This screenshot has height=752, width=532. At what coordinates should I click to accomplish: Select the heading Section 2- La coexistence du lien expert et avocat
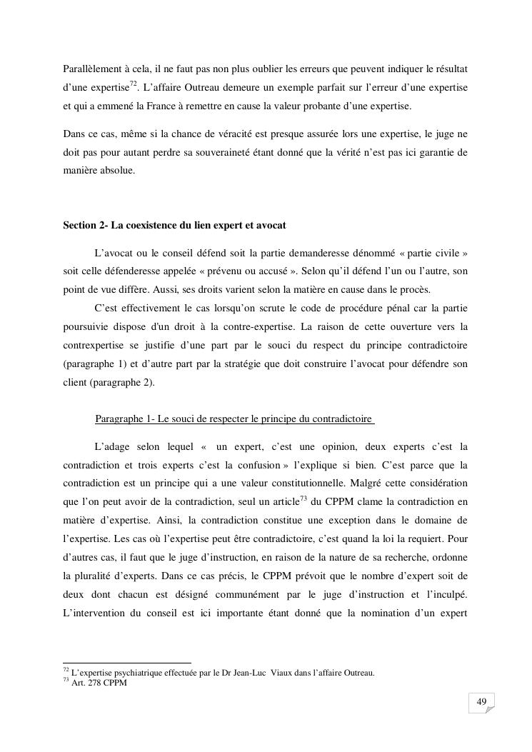point(174,225)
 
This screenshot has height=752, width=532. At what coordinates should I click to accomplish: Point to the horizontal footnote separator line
point(127,663)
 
